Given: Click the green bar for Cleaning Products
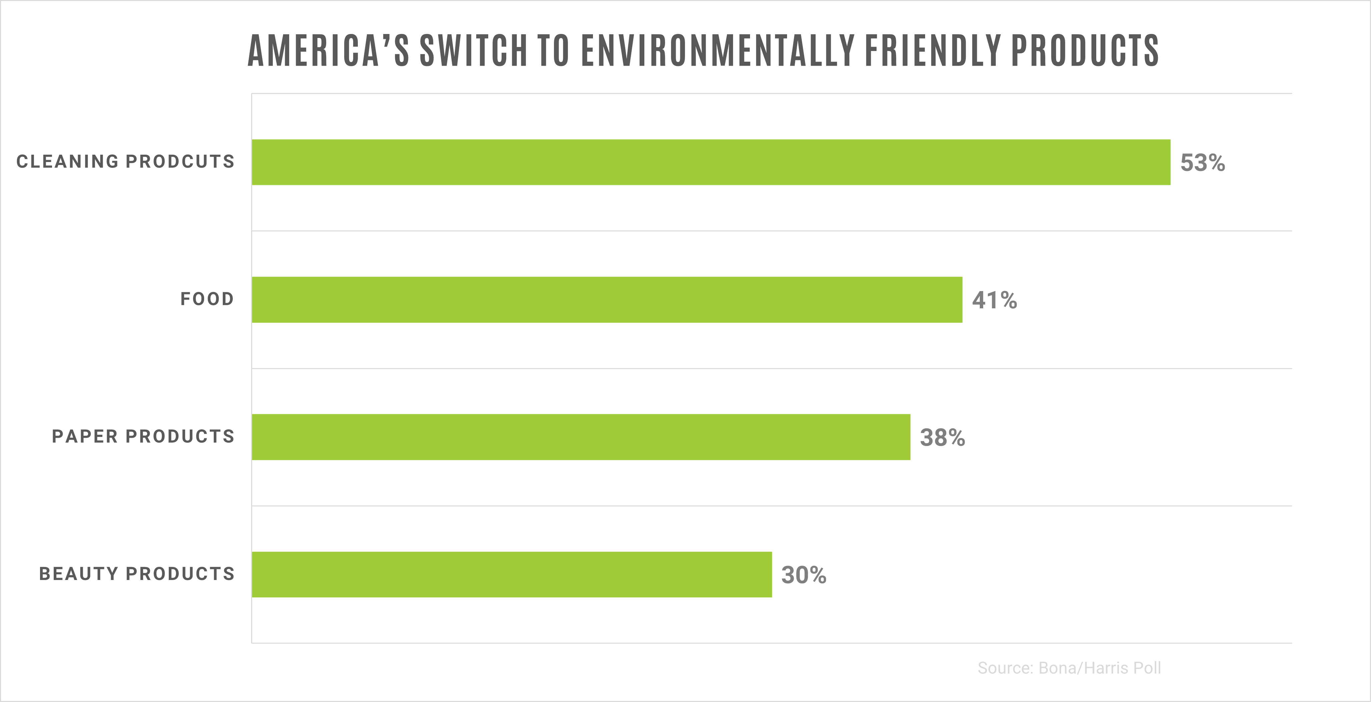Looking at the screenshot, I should pos(711,162).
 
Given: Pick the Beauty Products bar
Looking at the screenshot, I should pos(512,574).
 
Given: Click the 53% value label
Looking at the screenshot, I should pos(1202,163).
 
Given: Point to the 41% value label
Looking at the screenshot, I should pos(994,300).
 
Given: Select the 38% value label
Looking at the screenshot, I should pos(942,438).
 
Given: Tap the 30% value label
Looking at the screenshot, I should pos(803,575).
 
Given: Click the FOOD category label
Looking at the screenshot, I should pos(207,299).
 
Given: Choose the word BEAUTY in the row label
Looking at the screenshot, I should pos(79,574).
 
